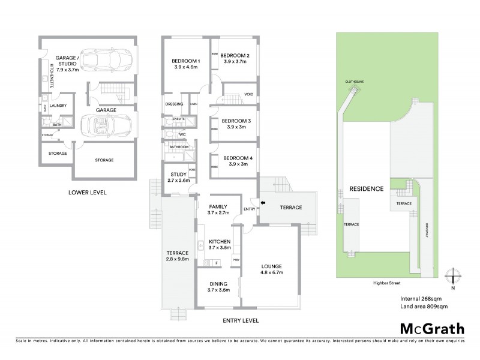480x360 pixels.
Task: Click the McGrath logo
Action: [431, 328]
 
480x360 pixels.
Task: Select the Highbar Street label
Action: [385, 281]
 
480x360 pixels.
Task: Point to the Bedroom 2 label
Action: [236, 59]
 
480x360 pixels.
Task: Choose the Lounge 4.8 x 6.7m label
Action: [271, 269]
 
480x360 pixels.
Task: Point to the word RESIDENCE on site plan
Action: [367, 189]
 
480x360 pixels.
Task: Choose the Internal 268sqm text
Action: [421, 298]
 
